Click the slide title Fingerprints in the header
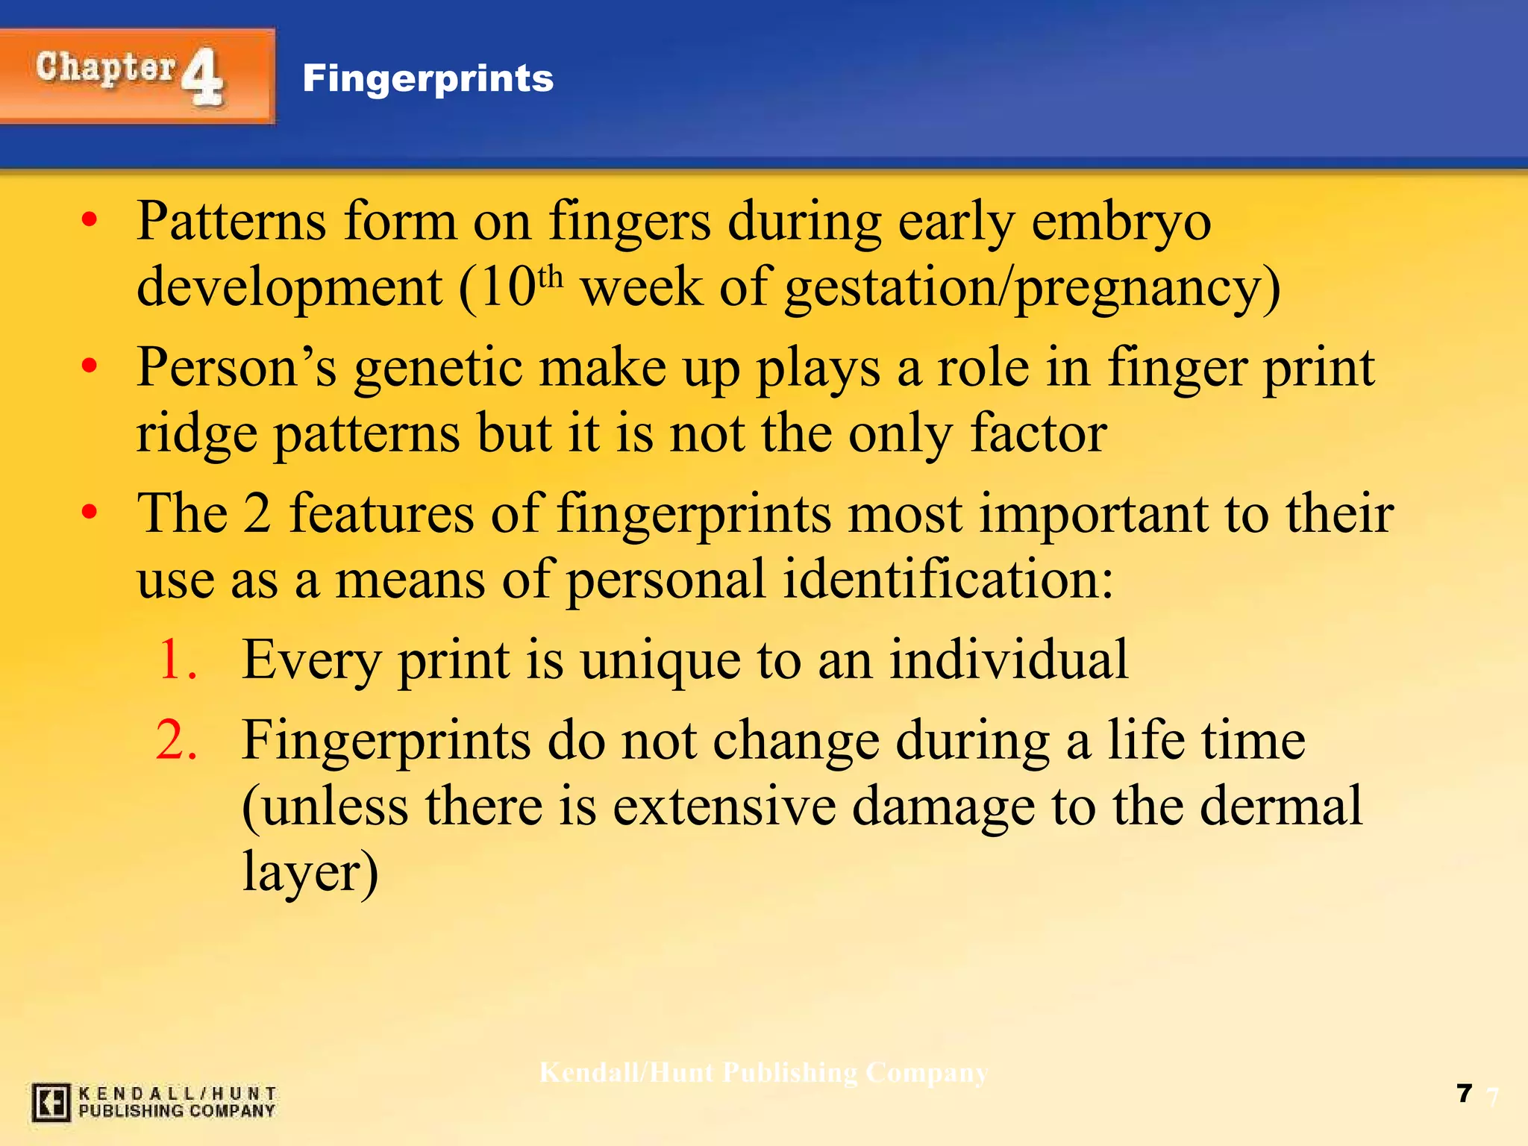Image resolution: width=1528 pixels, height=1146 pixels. pyautogui.click(x=428, y=78)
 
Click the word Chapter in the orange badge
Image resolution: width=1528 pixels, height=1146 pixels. pyautogui.click(x=106, y=68)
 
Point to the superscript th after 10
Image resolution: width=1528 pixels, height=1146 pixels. pyautogui.click(x=550, y=277)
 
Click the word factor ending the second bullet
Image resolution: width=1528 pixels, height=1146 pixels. pyautogui.click(x=1038, y=433)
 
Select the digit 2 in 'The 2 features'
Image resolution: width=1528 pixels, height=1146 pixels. pyautogui.click(x=257, y=514)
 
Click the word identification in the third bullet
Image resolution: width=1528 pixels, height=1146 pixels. pyautogui.click(x=948, y=579)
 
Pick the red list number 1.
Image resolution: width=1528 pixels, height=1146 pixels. pyautogui.click(x=178, y=660)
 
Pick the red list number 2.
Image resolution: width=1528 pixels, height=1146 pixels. pyautogui.click(x=178, y=740)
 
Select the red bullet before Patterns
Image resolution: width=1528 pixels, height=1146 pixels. pyautogui.click(x=90, y=221)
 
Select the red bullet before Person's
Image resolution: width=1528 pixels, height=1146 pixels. pyautogui.click(x=90, y=366)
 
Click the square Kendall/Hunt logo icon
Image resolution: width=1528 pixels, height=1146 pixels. pyautogui.click(x=51, y=1102)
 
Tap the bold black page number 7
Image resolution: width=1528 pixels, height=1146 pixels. pyautogui.click(x=1464, y=1093)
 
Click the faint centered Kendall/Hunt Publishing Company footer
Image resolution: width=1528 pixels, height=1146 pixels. pyautogui.click(x=763, y=1073)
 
